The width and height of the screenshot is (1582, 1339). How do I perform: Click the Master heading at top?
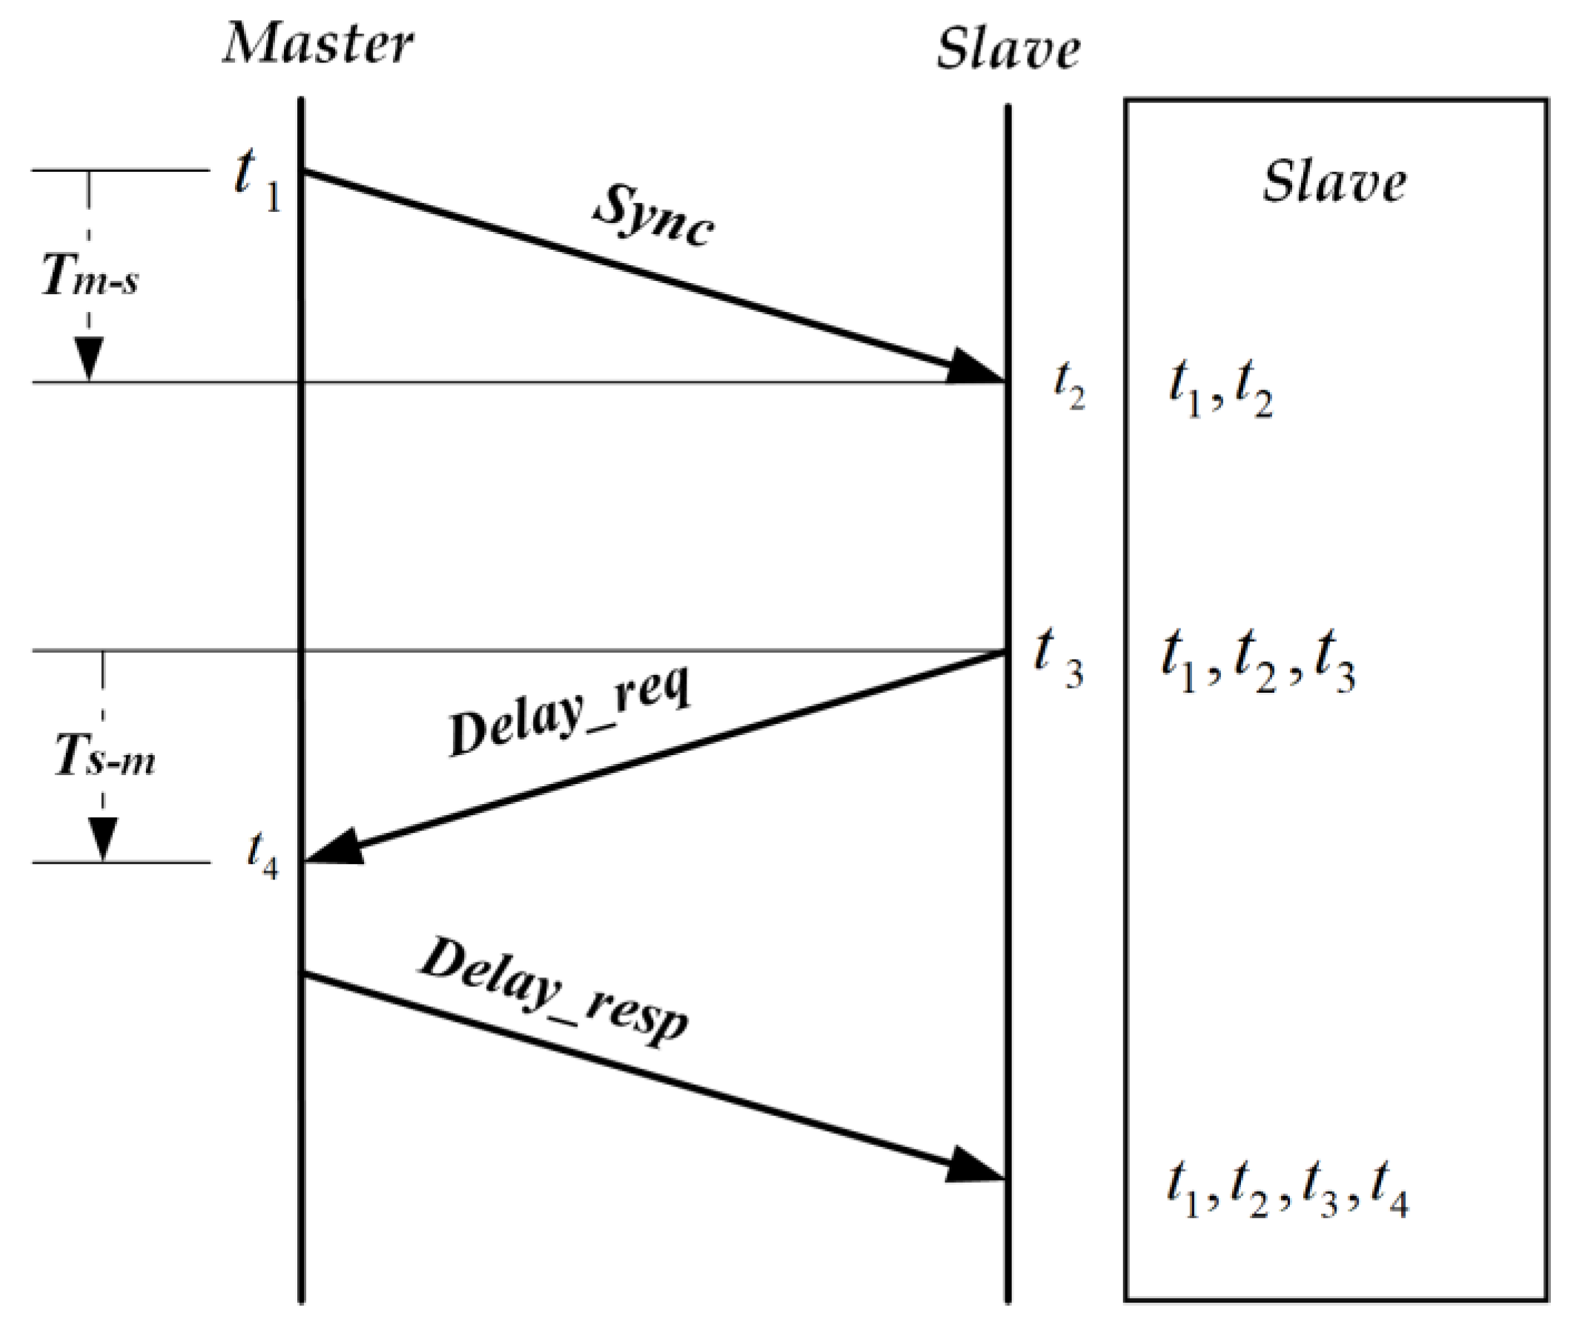[317, 44]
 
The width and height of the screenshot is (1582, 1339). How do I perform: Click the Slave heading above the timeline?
[1007, 50]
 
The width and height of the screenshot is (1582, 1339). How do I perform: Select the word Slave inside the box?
[1334, 182]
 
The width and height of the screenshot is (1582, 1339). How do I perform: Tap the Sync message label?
[653, 216]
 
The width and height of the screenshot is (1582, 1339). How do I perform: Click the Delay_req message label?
[569, 711]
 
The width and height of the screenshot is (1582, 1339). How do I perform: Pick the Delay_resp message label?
[555, 991]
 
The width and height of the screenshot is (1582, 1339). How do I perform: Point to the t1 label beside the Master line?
[257, 179]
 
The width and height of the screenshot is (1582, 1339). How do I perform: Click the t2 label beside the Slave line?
[1069, 387]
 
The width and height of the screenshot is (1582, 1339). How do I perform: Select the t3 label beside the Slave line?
[1059, 657]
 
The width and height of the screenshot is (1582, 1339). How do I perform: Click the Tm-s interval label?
[90, 275]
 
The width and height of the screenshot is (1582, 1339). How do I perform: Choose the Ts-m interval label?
[105, 756]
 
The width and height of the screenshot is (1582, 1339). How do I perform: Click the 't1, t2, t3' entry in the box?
[1258, 663]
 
